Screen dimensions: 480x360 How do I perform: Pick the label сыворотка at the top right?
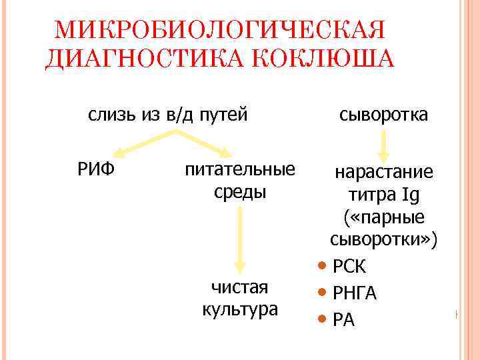coord(383,115)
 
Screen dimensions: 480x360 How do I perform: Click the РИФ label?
coord(96,170)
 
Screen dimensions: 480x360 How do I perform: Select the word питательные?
coord(240,170)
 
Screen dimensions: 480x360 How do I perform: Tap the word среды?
coord(240,193)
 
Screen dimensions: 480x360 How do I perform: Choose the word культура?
coord(240,310)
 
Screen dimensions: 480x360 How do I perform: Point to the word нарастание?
coord(383,173)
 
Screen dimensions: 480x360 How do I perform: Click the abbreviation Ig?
coord(410,196)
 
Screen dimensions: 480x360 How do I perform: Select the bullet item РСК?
coord(349,267)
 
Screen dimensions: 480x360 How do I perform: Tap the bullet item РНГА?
coord(355,293)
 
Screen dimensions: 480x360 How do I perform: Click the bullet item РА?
coord(344,320)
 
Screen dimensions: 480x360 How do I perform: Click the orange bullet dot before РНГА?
coord(323,293)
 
